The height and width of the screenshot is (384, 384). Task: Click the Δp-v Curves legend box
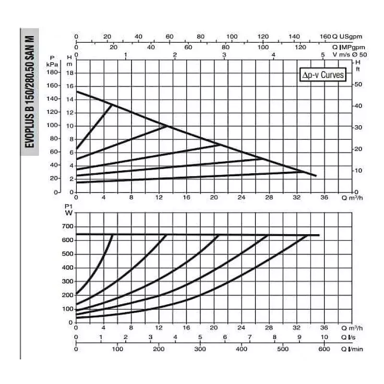322,76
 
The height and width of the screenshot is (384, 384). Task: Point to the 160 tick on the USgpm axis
325,36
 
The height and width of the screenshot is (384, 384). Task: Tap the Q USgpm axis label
348,36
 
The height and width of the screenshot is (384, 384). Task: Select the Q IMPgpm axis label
348,47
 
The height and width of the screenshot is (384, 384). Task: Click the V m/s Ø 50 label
349,54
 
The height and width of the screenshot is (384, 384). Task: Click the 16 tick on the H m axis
69,86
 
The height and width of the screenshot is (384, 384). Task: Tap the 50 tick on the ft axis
357,84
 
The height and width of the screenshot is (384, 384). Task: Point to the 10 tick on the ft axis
357,170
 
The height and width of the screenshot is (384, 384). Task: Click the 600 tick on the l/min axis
324,349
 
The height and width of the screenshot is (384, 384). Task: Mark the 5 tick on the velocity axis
323,55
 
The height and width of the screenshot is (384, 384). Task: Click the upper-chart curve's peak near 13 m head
112,105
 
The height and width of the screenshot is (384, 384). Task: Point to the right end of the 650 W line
319,235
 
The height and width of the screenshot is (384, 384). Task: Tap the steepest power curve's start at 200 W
77,294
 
